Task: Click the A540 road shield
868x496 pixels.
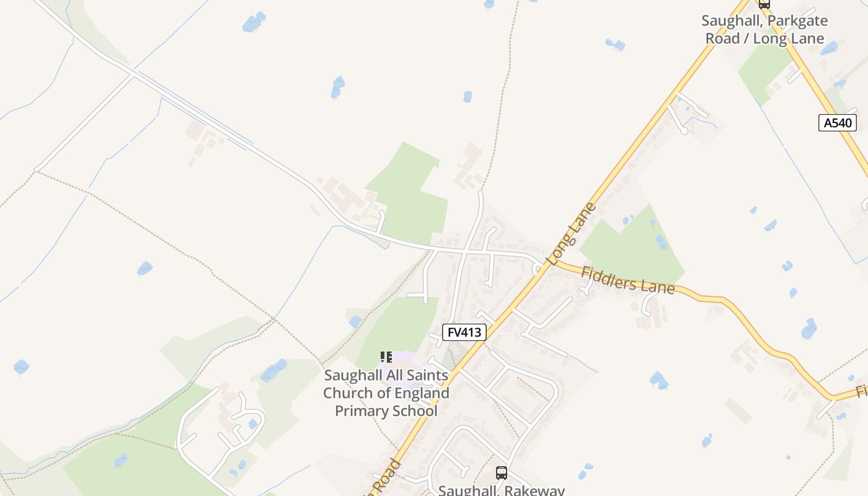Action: click(838, 123)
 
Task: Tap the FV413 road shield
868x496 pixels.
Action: click(464, 332)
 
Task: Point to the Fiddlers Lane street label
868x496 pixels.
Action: click(627, 280)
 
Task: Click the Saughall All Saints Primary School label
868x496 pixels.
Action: click(386, 393)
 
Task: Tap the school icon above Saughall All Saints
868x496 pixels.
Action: click(386, 357)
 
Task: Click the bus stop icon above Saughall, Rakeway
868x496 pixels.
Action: click(501, 473)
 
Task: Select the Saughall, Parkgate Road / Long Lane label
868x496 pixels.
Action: click(764, 29)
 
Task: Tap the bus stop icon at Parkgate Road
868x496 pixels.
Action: click(764, 4)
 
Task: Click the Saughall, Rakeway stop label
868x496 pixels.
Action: click(501, 490)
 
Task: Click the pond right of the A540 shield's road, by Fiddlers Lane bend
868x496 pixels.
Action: click(808, 329)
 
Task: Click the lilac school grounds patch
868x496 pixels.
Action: click(406, 363)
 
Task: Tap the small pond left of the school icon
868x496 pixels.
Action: click(355, 321)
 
